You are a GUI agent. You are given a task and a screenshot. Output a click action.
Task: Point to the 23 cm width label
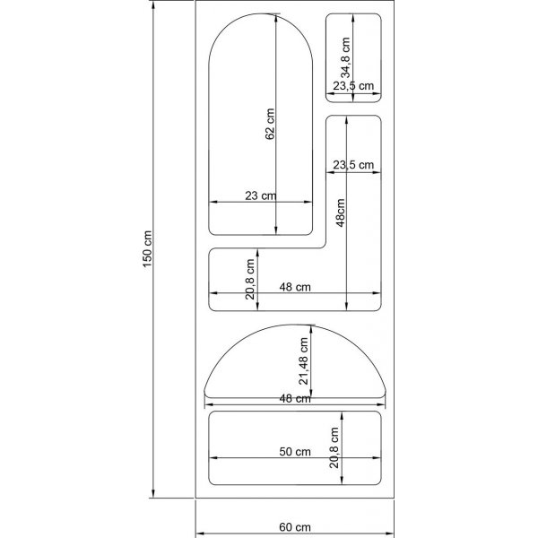261,195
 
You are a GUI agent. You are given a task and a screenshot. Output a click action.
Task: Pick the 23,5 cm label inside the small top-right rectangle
353,86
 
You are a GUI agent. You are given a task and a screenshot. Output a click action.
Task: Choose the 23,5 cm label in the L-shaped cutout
353,165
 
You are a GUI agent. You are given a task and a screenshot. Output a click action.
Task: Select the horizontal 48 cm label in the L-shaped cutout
295,287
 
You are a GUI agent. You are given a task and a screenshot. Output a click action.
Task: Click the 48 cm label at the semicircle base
295,399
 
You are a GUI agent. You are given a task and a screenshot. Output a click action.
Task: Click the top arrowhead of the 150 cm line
155,4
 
